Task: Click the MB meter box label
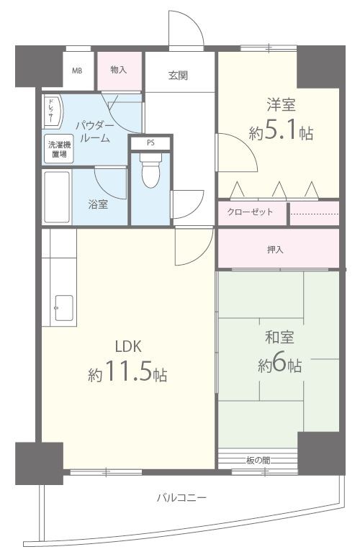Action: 77,71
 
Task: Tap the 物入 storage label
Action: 119,70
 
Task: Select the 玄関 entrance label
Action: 178,76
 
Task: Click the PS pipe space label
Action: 150,143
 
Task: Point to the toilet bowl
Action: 150,170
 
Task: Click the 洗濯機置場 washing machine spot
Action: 58,149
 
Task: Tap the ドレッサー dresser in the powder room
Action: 52,111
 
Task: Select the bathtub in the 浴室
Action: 57,197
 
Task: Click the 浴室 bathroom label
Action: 98,204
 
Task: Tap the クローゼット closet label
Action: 250,212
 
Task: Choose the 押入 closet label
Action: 275,250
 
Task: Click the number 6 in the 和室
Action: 279,363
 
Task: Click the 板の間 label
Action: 258,461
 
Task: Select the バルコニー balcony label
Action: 181,497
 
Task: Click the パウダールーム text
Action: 95,132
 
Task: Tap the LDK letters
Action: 128,346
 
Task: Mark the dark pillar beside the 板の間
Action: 321,453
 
